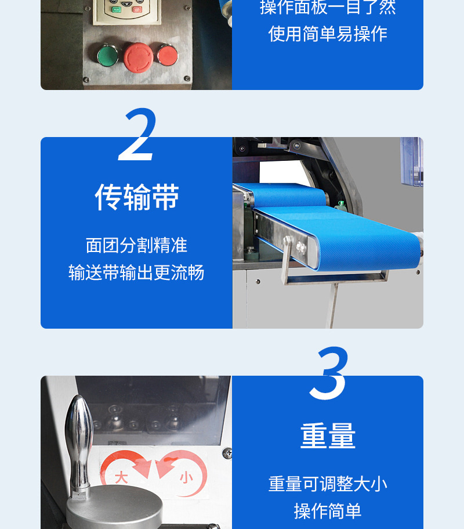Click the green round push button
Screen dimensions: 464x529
[x=107, y=55]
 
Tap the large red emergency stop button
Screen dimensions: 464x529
[x=139, y=57]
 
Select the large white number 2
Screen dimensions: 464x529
[x=137, y=134]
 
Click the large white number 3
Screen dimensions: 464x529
[x=329, y=373]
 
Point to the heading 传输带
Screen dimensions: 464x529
[x=137, y=197]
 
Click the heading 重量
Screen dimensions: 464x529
[x=328, y=436]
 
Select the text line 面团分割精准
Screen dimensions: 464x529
[x=136, y=245]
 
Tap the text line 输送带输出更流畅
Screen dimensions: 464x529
[x=136, y=272]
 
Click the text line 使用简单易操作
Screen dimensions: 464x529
[x=328, y=34]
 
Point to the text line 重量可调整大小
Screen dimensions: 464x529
[x=328, y=484]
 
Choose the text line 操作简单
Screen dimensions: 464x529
[x=328, y=511]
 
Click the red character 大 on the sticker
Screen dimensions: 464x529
[x=121, y=478]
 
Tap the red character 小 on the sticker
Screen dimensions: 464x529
[x=186, y=478]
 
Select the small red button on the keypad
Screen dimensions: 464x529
[x=137, y=9]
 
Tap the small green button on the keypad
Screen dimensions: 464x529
[x=116, y=9]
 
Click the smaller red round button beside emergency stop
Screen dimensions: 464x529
[x=167, y=55]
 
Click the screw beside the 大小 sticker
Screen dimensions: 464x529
[x=227, y=453]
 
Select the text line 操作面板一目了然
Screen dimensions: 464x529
[x=328, y=8]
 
